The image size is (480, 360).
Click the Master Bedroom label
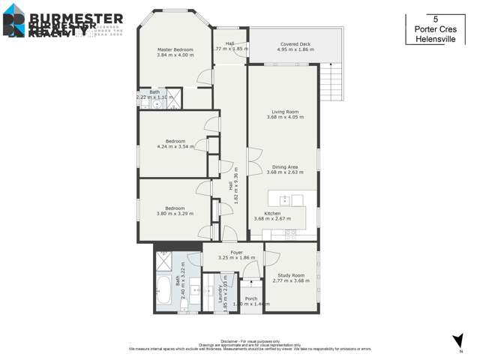pos(175,49)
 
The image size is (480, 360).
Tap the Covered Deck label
pos(295,45)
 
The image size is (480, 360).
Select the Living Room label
pos(284,112)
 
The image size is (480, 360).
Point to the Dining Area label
pos(284,166)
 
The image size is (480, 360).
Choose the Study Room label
pos(290,276)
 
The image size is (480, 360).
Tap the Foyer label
pos(236,253)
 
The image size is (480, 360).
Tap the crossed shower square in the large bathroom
pos(164,261)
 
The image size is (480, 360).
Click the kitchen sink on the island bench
pos(284,199)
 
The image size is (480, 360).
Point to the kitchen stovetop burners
pos(298,199)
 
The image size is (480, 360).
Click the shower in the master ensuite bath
pos(173,96)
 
